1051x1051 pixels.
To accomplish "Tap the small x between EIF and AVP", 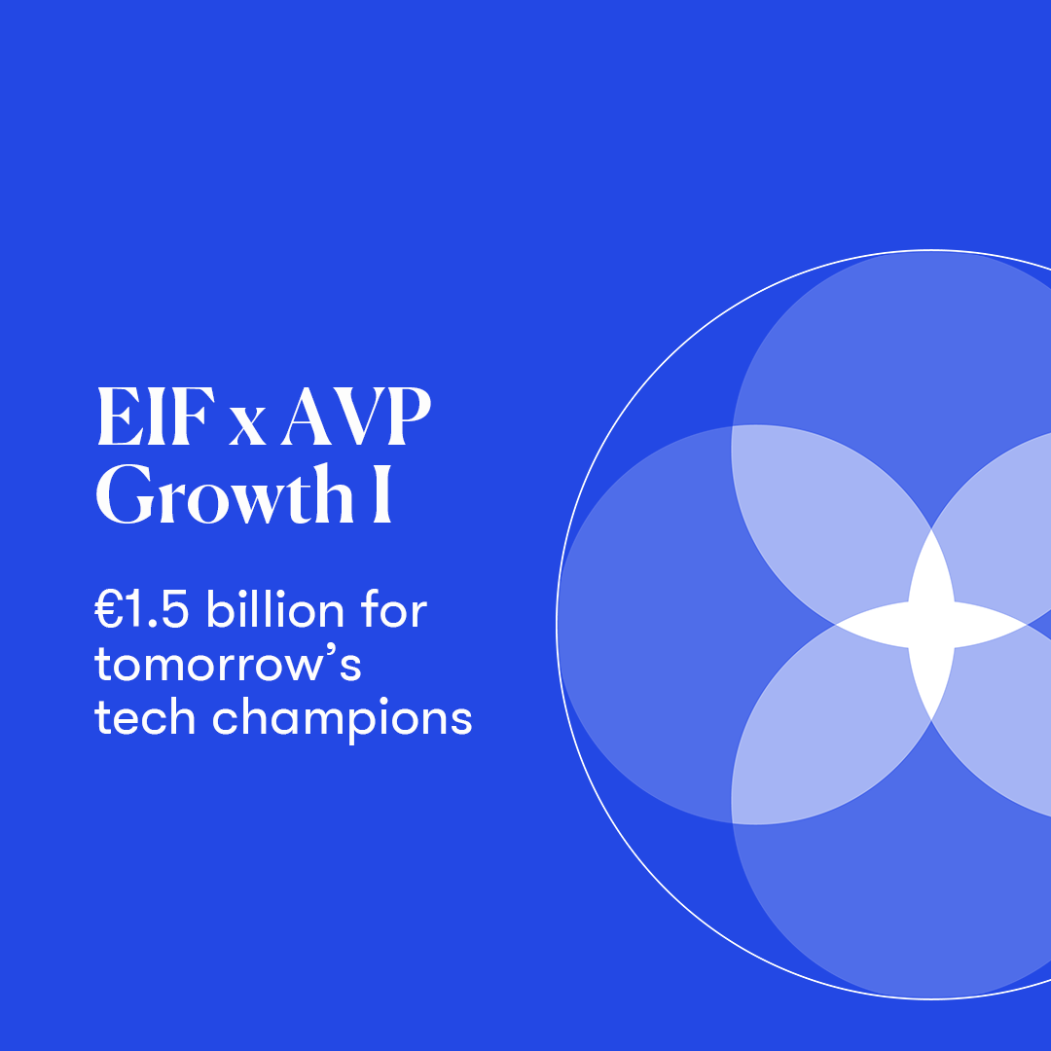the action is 247,426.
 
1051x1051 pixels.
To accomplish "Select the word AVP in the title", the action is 356,417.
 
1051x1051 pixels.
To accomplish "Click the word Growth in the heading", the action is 225,494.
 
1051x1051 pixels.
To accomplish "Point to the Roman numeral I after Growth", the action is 382,494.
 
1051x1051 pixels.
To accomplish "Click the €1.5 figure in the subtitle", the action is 141,610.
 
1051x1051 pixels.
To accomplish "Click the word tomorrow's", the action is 228,664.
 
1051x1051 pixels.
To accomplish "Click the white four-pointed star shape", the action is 931,625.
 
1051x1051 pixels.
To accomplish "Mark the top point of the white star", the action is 931,529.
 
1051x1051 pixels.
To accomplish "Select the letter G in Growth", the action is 125,494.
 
